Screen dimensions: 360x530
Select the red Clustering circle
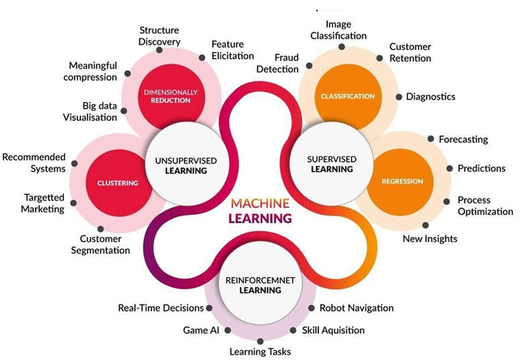[118, 183]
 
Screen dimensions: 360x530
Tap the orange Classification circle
[348, 96]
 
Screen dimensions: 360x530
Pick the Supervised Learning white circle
[331, 164]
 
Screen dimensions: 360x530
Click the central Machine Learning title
[260, 211]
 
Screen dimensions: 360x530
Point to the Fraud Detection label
[277, 63]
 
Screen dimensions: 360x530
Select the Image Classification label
[338, 30]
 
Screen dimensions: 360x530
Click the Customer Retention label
[410, 53]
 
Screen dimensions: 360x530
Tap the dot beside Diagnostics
[399, 97]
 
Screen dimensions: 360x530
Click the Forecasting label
[464, 139]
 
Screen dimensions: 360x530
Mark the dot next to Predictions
[450, 168]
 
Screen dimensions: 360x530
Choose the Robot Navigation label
[356, 308]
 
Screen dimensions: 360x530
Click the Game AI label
[201, 330]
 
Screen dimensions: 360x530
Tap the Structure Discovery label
[159, 35]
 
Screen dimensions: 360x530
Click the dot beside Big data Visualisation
[123, 111]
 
